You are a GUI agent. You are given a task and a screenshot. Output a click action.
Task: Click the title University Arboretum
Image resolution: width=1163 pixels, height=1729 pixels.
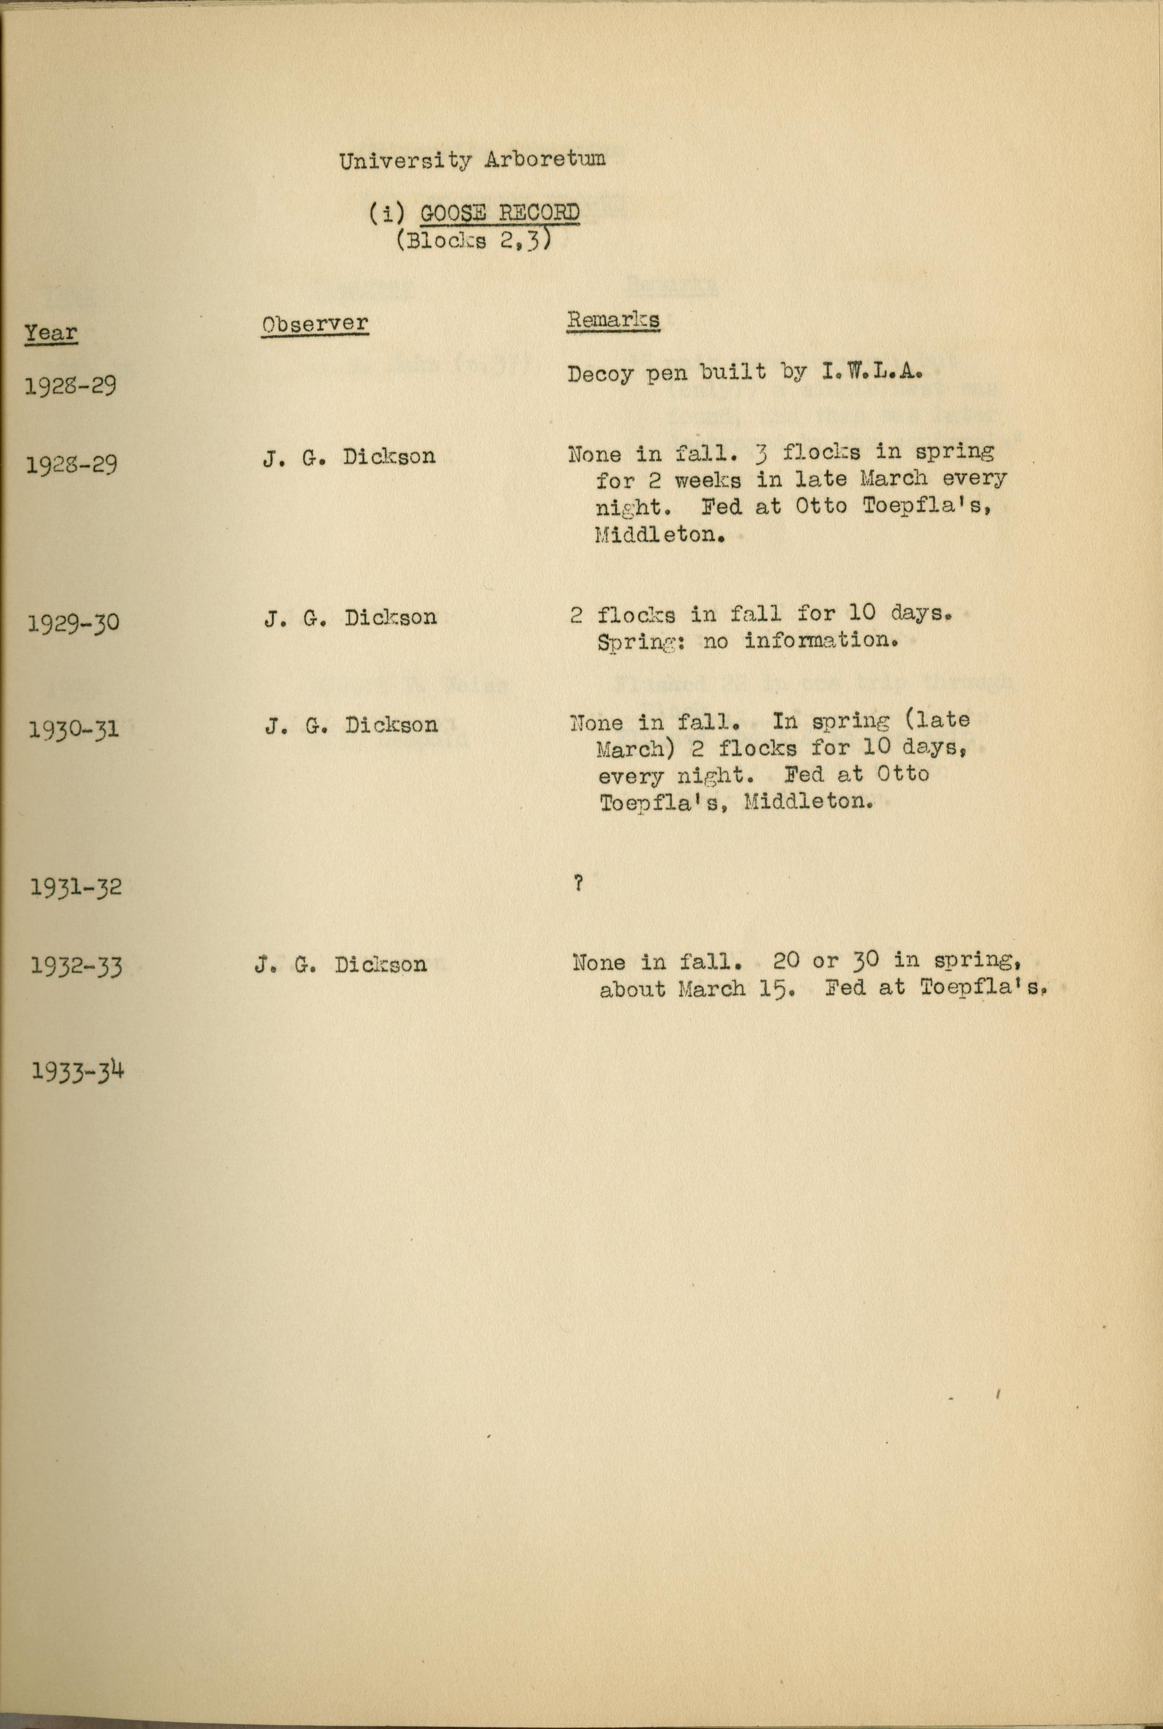point(471,159)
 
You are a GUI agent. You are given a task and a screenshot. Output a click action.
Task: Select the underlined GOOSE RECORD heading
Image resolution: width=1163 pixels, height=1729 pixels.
point(499,214)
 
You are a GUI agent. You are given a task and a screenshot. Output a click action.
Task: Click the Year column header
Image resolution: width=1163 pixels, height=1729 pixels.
point(51,332)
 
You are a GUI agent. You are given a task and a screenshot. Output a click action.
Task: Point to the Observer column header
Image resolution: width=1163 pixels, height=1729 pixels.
point(314,323)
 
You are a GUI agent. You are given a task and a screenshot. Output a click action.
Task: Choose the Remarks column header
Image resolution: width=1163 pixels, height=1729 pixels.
point(613,320)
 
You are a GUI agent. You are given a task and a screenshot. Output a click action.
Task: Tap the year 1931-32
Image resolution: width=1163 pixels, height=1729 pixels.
point(75,887)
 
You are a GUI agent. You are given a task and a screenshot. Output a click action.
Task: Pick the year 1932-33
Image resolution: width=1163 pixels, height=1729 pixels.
point(76,967)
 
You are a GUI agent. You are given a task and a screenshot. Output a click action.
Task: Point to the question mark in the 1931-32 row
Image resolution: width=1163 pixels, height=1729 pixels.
point(578,883)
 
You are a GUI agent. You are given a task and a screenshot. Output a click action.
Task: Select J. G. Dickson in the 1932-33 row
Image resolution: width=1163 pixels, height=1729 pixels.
point(340,964)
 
